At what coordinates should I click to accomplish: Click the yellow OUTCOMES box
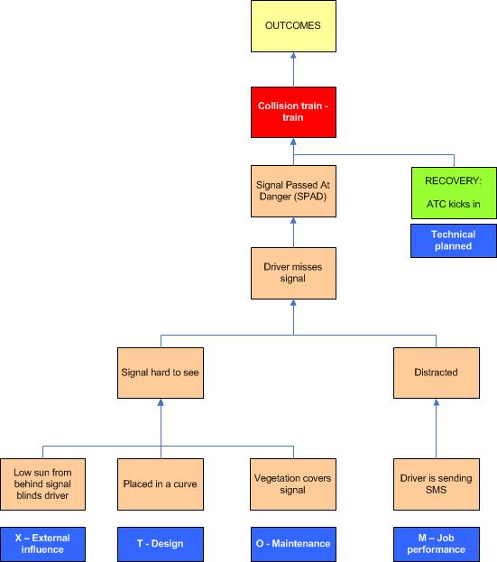click(292, 25)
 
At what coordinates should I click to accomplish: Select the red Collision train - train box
click(292, 112)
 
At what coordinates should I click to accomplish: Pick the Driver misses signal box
click(292, 272)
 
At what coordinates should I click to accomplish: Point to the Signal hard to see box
click(161, 372)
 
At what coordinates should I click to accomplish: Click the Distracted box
click(437, 372)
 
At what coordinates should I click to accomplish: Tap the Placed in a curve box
click(161, 484)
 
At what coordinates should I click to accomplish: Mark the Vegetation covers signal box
click(292, 484)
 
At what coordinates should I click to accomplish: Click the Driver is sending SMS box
click(437, 484)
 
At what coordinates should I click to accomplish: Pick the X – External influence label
click(42, 543)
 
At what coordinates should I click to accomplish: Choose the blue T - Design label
click(161, 543)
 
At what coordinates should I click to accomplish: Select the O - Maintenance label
click(292, 543)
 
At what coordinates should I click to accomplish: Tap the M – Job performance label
click(437, 543)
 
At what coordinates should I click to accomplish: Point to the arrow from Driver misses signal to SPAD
click(292, 232)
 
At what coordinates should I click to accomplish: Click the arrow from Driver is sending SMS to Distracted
click(437, 428)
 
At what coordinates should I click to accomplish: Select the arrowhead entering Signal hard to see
click(161, 404)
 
